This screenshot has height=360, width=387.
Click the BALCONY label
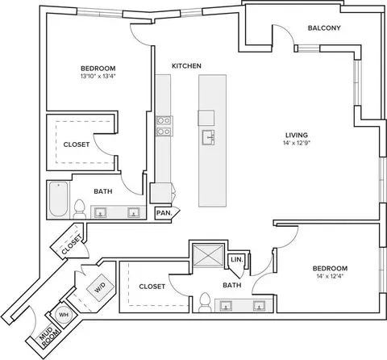pos(324,28)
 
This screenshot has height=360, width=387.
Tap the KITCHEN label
pos(186,66)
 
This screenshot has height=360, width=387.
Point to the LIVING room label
pos(297,135)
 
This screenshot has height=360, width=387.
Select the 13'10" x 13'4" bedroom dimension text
pos(98,76)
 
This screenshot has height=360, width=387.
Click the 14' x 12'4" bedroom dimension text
pos(330,276)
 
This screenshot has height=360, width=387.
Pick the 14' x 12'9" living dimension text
pos(297,143)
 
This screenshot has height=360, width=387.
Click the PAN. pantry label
pos(164,213)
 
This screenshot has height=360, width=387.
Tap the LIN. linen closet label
pos(237,260)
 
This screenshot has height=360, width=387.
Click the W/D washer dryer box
pos(100,288)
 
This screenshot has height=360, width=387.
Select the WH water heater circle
pos(64,315)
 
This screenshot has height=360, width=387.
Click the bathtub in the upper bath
pos(58,199)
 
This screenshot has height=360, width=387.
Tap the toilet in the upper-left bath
pos(79,209)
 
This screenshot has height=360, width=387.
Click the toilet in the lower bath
pos(206,303)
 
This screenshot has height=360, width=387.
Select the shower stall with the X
pos(209,255)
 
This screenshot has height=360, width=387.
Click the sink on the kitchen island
pos(208,137)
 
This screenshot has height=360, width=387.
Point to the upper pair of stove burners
pos(164,120)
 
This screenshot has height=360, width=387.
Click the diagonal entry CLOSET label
pos(72,245)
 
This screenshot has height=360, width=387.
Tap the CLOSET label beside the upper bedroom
pos(77,144)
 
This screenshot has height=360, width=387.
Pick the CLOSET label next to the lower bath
pos(152,287)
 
